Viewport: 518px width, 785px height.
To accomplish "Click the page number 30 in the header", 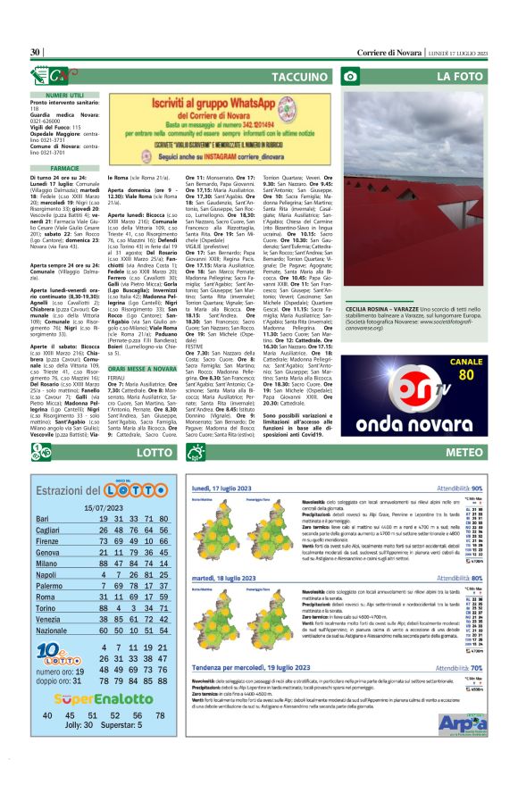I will click(36, 53).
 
